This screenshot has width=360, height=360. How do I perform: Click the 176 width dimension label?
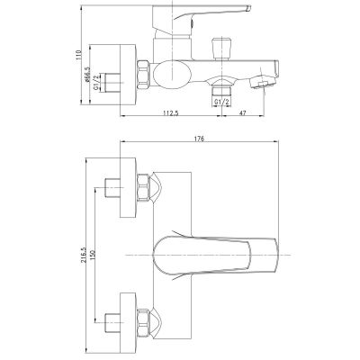point(198,137)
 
